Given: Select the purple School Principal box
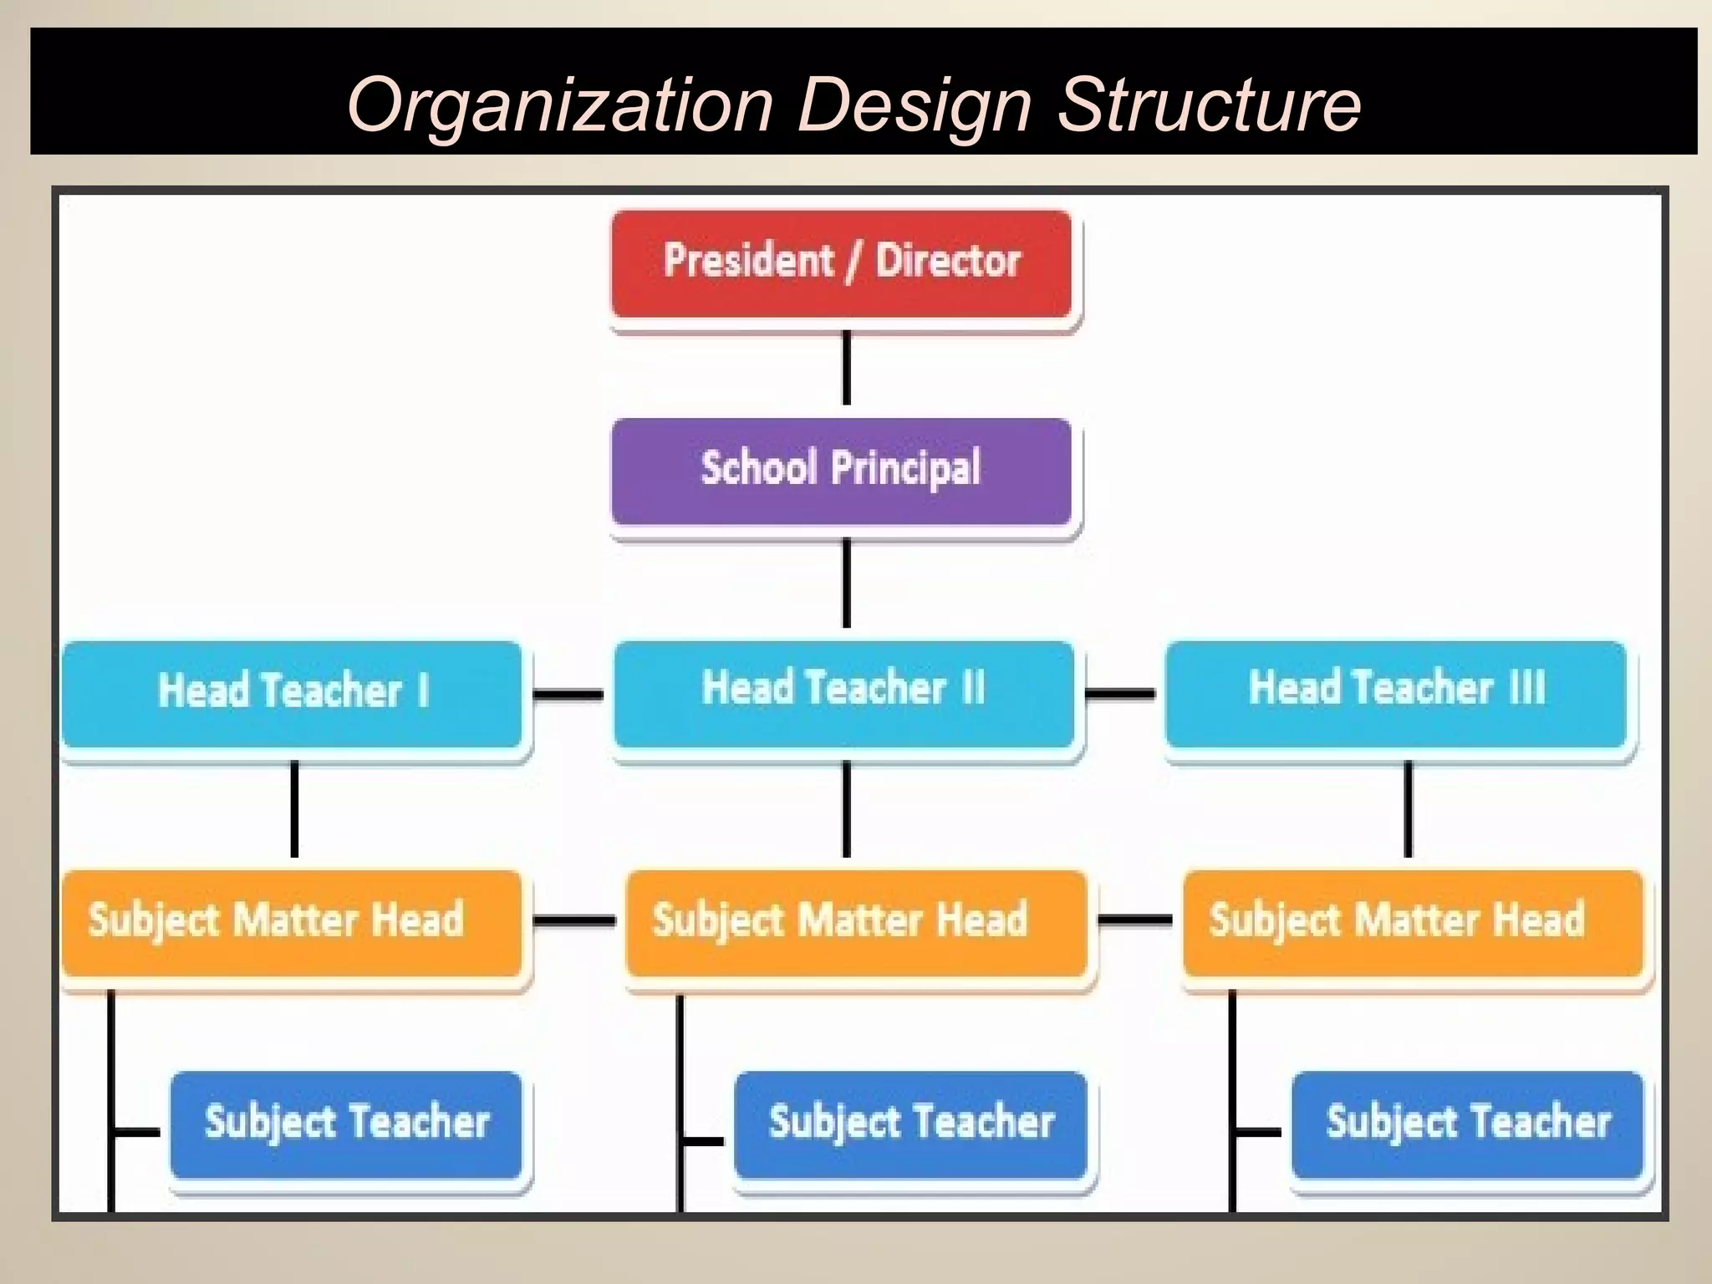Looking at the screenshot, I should tap(841, 471).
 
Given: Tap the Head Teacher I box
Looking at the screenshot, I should tap(293, 694).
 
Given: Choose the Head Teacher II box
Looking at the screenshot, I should tap(843, 694).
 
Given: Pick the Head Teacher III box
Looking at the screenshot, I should tap(1395, 694).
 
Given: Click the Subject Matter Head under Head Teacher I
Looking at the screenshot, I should tap(293, 923).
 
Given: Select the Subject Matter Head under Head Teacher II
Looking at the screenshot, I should tap(856, 923).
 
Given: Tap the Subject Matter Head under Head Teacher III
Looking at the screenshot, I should tap(1413, 923).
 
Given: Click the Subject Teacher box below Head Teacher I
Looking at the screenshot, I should tap(346, 1124).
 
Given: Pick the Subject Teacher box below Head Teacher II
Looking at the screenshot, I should tap(910, 1124).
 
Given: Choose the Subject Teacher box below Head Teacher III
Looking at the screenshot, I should tap(1468, 1124).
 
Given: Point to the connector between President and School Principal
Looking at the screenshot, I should tap(846, 368).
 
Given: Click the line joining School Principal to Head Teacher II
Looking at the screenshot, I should tap(846, 583).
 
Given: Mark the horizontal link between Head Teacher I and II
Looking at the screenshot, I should tap(568, 694).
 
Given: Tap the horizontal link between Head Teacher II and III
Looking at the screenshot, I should tap(1119, 693).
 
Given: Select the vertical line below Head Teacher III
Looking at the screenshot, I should tap(1408, 808).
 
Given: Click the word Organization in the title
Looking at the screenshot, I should tap(560, 105).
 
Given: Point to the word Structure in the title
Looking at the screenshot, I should tap(1210, 105).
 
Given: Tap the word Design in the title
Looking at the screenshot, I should tap(915, 105).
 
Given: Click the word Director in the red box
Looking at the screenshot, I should tap(948, 260).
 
